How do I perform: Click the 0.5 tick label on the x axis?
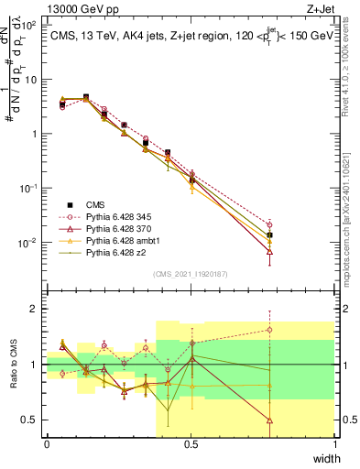[x=191, y=443]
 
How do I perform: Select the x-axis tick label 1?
[x=334, y=443]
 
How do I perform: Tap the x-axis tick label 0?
[x=47, y=443]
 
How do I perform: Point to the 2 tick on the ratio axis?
[x=34, y=309]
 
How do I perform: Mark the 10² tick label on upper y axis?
[x=29, y=25]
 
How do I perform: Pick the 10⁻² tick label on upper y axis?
[x=29, y=243]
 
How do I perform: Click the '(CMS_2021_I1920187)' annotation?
[x=191, y=272]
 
